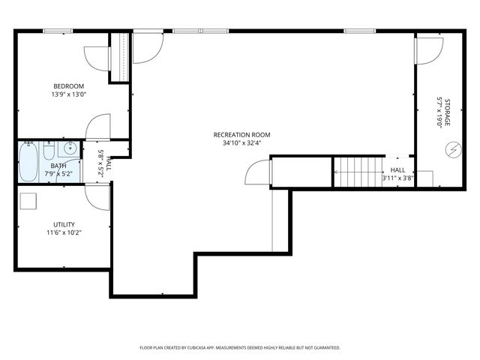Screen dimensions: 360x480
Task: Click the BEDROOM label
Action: (x=68, y=85)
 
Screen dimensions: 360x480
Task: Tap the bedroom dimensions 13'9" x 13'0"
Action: (x=68, y=94)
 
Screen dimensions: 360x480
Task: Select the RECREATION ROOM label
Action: (x=241, y=134)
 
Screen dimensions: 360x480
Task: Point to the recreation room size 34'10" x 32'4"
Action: (x=241, y=143)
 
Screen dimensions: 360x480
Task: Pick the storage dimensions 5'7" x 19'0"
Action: (x=439, y=112)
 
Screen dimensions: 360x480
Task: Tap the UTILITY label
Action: (x=64, y=224)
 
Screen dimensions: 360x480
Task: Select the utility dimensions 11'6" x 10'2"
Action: (x=64, y=233)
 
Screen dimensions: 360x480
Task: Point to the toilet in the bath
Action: (x=49, y=155)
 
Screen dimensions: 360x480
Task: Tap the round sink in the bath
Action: (x=69, y=148)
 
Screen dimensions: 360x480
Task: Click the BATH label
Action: (x=58, y=166)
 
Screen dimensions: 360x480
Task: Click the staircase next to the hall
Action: (x=358, y=172)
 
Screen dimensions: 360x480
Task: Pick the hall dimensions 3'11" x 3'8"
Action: (x=398, y=178)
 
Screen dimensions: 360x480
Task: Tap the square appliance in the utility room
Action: (x=29, y=201)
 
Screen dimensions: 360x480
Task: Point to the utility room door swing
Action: (x=97, y=196)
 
